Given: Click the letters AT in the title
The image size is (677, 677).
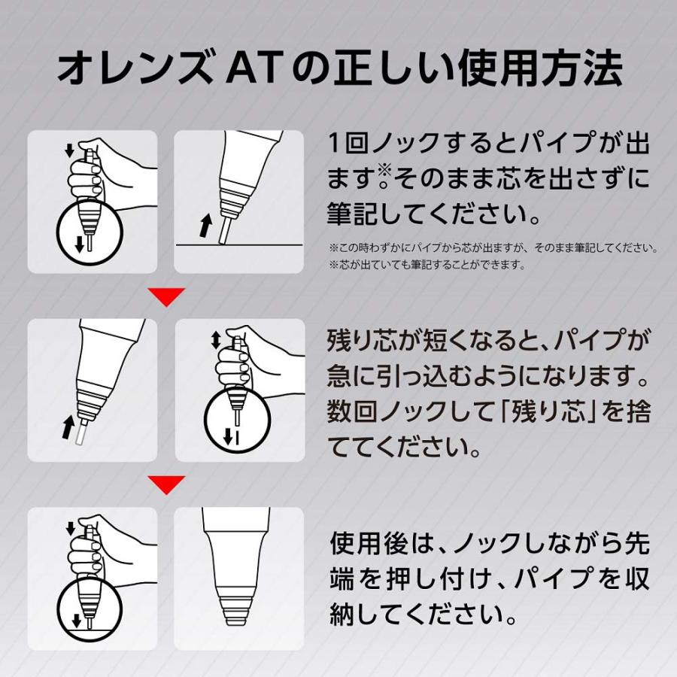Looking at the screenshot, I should point(250,70).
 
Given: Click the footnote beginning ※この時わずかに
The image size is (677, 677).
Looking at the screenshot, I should point(493,247).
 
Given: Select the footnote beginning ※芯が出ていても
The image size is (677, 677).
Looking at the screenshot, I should point(427,265).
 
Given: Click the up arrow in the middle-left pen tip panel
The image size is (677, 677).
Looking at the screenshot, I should point(67,427).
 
